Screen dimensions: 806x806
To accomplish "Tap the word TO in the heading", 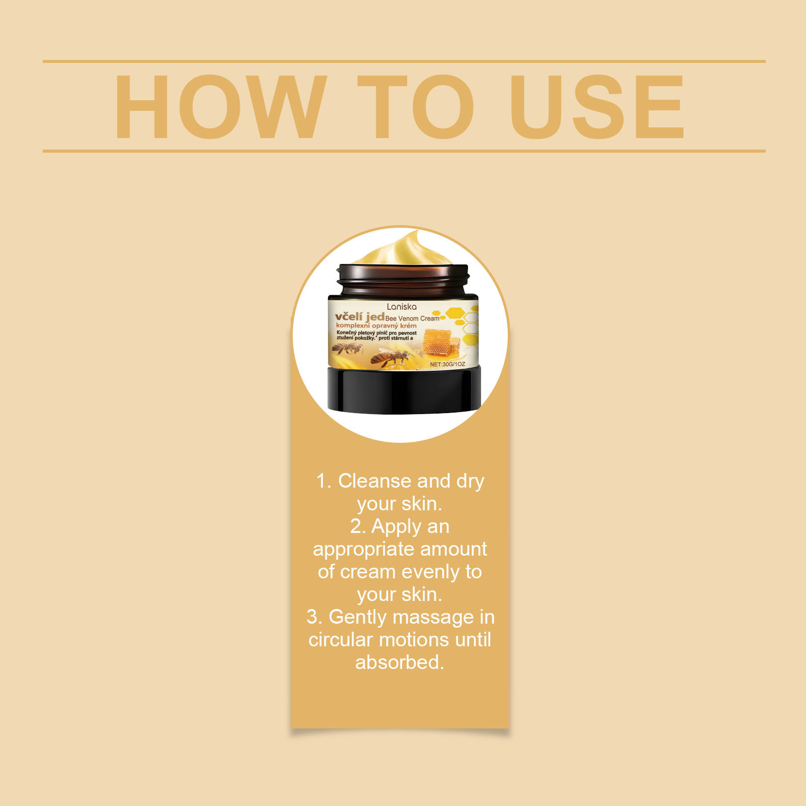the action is point(416,107).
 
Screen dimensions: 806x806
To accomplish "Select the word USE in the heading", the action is point(596,107).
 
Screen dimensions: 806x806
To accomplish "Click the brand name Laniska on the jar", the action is point(401,306).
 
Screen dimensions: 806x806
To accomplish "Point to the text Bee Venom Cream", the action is point(412,318).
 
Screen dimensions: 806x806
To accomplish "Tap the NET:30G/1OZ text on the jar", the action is point(447,364).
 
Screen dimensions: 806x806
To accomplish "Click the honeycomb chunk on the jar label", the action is point(441,342).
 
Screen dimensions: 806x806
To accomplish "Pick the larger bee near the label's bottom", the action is point(390,358).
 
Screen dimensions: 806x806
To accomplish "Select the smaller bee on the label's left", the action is point(347,348).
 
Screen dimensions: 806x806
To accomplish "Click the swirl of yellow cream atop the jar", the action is point(403,249).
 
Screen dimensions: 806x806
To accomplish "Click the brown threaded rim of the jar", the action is point(403,280).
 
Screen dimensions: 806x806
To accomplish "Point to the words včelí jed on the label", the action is point(360,316).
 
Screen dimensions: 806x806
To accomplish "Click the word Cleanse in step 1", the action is point(374,481).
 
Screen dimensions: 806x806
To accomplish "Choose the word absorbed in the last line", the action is point(399,662).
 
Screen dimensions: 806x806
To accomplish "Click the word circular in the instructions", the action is point(340,640).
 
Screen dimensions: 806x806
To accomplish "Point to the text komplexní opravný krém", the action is point(376,326).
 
